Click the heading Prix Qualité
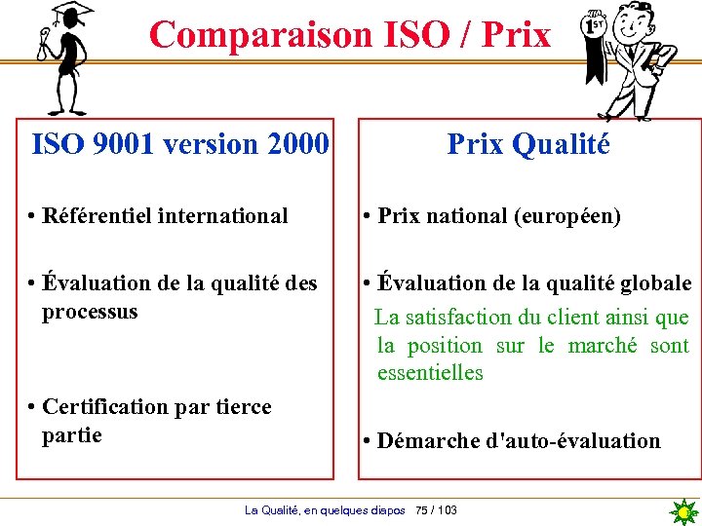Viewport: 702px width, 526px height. (527, 145)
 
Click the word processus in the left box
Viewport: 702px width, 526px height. (90, 313)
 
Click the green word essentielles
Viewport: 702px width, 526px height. (430, 373)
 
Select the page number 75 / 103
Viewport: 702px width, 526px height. (436, 510)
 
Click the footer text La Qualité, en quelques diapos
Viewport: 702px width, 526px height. (325, 510)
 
